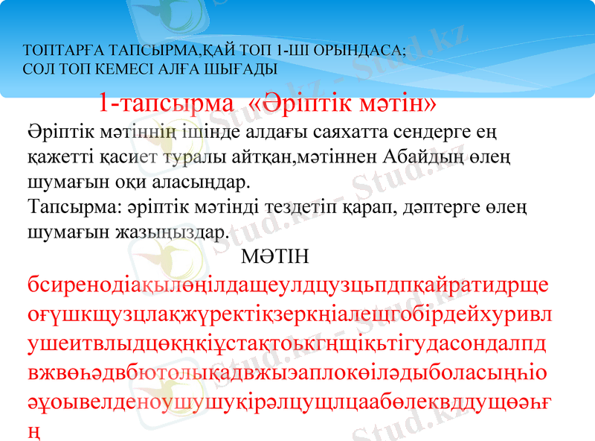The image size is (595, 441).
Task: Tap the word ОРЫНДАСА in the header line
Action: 362,52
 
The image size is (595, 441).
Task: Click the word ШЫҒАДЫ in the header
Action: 240,69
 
